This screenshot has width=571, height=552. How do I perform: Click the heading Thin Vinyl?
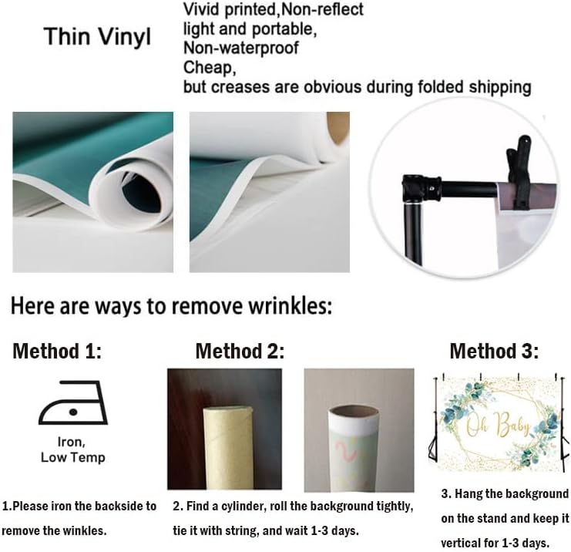click(x=97, y=38)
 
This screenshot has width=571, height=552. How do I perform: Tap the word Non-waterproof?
click(x=240, y=48)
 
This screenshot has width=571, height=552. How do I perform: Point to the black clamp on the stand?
click(x=519, y=173)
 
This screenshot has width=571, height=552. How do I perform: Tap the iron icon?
click(x=73, y=402)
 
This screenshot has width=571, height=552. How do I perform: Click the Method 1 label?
click(x=57, y=351)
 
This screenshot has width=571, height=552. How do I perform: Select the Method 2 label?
click(x=240, y=351)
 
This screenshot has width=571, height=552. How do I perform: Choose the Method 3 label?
click(x=494, y=351)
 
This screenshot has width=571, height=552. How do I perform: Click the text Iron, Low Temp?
click(x=73, y=449)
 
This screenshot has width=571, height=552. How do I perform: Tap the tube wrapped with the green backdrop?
click(x=354, y=449)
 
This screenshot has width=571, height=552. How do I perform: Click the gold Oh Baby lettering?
click(x=498, y=425)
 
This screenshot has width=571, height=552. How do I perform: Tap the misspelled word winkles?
click(x=84, y=531)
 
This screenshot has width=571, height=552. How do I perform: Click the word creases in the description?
click(x=240, y=87)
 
